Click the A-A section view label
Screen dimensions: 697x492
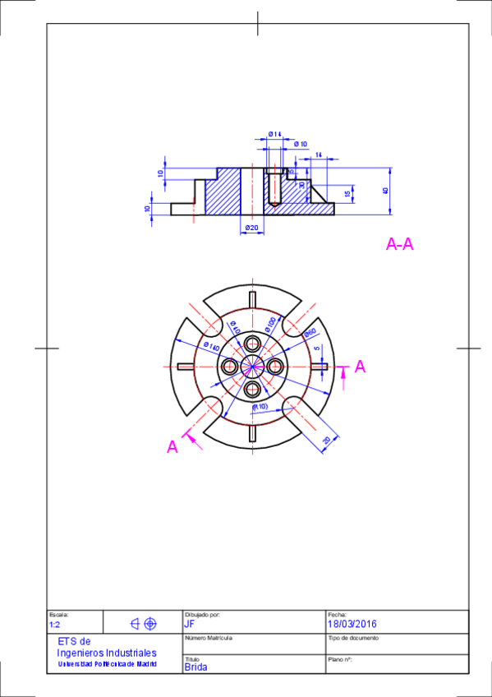coord(399,244)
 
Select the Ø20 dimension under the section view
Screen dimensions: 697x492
coord(251,228)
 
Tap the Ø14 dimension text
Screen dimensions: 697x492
coord(274,134)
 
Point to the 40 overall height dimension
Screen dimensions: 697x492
coord(384,191)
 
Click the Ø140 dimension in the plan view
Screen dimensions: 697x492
coord(210,348)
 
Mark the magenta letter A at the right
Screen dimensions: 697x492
coord(360,368)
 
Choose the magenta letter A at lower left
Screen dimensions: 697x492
coord(172,446)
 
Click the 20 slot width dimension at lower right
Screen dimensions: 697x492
coord(326,441)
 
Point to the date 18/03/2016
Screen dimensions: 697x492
coord(352,624)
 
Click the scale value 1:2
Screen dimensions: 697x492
coord(55,625)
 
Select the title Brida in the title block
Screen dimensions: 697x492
coord(196,667)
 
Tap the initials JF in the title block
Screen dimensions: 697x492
coord(190,624)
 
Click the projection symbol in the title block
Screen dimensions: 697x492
coord(143,624)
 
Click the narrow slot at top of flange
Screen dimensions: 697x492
coord(252,298)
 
